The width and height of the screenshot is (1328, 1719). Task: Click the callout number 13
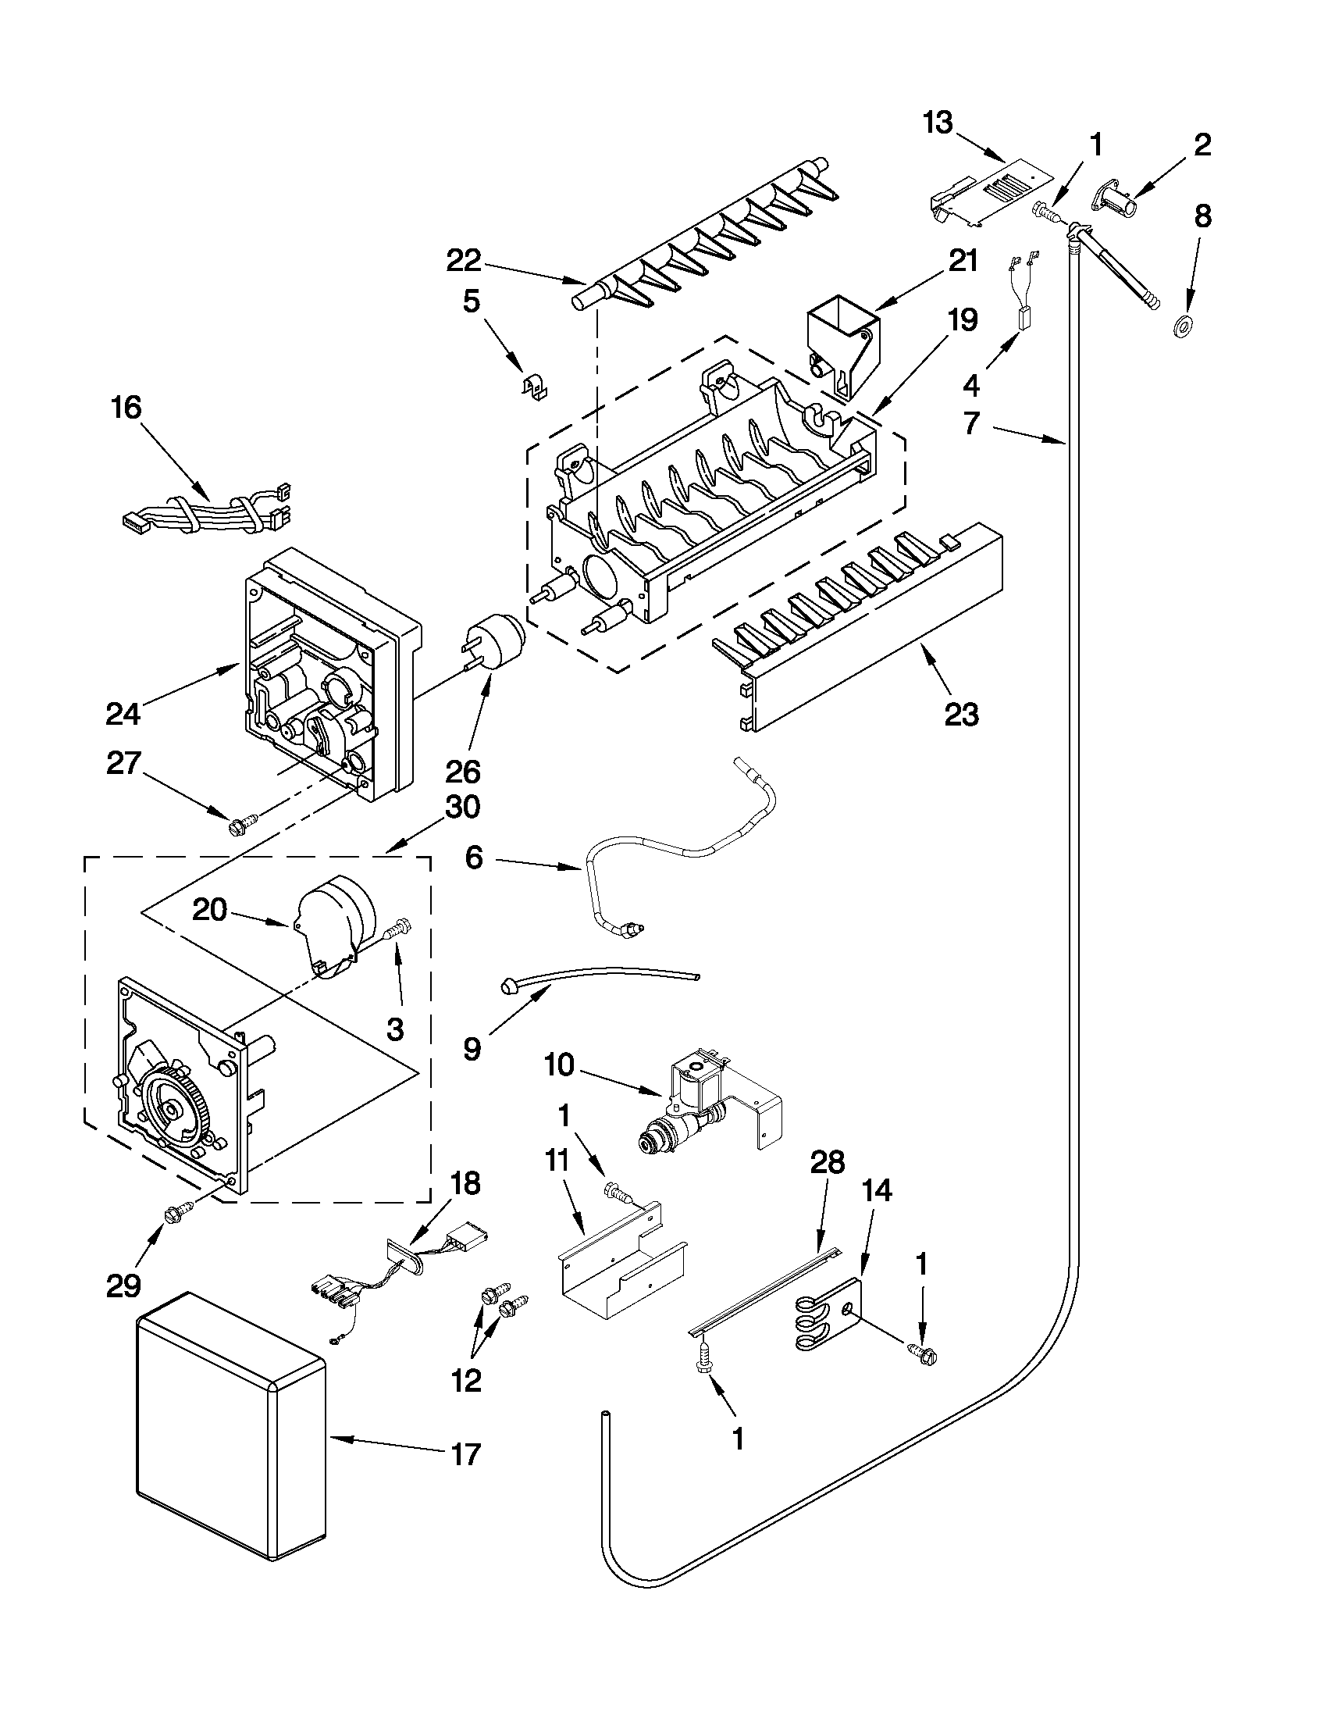[x=938, y=123]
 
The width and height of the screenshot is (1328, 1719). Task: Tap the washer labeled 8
[x=1181, y=324]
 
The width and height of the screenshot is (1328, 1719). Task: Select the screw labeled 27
[x=237, y=827]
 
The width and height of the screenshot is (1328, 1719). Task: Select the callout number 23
[x=961, y=715]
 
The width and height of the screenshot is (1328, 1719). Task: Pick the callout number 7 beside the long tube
[x=972, y=423]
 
